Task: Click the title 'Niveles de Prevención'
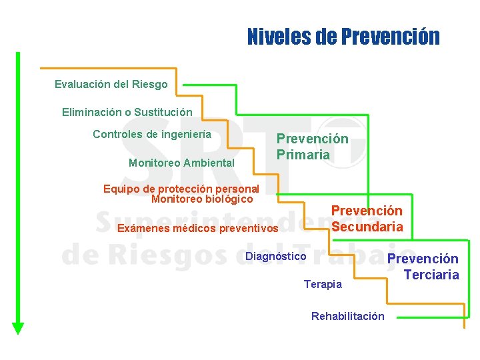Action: point(343,36)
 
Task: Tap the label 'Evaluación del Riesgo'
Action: point(111,85)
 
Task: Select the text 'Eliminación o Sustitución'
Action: point(127,112)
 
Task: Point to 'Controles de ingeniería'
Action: point(152,134)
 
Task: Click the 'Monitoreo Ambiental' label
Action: point(181,163)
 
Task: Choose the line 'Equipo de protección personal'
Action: point(181,189)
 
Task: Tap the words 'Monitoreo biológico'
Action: point(202,199)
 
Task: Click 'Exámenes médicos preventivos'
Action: point(197,229)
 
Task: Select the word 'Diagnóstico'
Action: point(276,257)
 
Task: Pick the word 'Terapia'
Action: point(323,285)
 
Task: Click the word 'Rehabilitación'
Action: point(347,316)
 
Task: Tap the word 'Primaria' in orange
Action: point(303,155)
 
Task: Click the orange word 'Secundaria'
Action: point(367,227)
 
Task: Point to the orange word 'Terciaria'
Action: point(431,275)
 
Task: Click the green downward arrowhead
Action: point(18,327)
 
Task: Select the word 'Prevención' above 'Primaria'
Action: point(312,139)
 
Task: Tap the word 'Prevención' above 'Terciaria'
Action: point(423,259)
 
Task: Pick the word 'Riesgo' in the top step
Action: point(152,85)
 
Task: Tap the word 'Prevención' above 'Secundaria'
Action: point(367,211)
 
